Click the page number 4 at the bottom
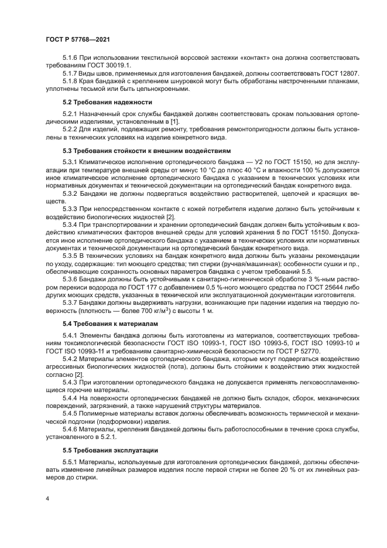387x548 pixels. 47,498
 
